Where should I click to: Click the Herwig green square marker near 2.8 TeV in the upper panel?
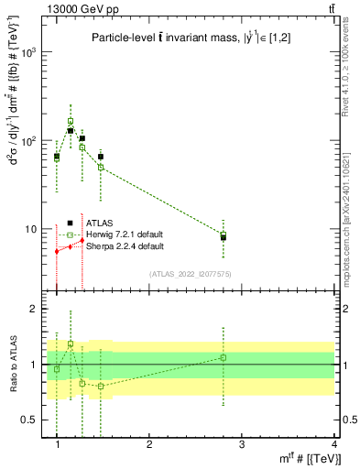[224, 234]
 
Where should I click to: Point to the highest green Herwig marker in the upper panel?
[71, 121]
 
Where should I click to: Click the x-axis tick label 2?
[149, 444]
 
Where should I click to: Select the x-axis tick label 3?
[242, 444]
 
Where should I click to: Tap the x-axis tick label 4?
[334, 444]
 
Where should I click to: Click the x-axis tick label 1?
[57, 444]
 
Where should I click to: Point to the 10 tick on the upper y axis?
[35, 229]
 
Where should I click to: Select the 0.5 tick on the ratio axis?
[33, 420]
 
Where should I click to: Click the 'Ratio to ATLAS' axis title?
[12, 364]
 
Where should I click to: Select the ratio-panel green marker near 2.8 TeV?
[224, 357]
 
